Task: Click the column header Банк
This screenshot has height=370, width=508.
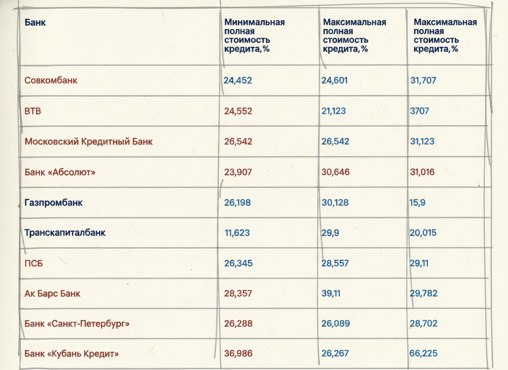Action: [x=35, y=22]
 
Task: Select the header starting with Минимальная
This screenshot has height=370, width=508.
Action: [x=254, y=36]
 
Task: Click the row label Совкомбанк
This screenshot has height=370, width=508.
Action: [x=51, y=80]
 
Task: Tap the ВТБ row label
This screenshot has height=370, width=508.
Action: [x=33, y=111]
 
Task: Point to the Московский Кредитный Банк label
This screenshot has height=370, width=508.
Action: [x=88, y=141]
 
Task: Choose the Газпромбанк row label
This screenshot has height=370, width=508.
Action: [x=54, y=203]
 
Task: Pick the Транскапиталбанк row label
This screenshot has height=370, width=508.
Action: [x=65, y=233]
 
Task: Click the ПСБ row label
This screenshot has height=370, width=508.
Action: [x=34, y=263]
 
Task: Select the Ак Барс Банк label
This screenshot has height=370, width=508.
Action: [x=52, y=293]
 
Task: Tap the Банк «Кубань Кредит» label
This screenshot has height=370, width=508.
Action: [x=72, y=353]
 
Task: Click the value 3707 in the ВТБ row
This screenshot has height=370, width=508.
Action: [x=420, y=111]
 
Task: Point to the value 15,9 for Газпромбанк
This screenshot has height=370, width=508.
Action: [x=417, y=203]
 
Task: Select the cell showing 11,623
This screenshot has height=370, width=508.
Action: [x=237, y=233]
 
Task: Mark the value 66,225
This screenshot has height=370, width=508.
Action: [x=423, y=353]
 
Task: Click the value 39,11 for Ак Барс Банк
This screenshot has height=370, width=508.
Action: [x=331, y=293]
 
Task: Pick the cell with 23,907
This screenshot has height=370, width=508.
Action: [x=238, y=172]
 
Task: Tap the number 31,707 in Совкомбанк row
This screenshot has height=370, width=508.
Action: [x=423, y=80]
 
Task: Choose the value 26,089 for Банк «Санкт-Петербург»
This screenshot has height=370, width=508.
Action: [x=336, y=323]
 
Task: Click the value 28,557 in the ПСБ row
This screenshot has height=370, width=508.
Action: [x=335, y=263]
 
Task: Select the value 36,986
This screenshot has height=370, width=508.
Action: [x=239, y=353]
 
